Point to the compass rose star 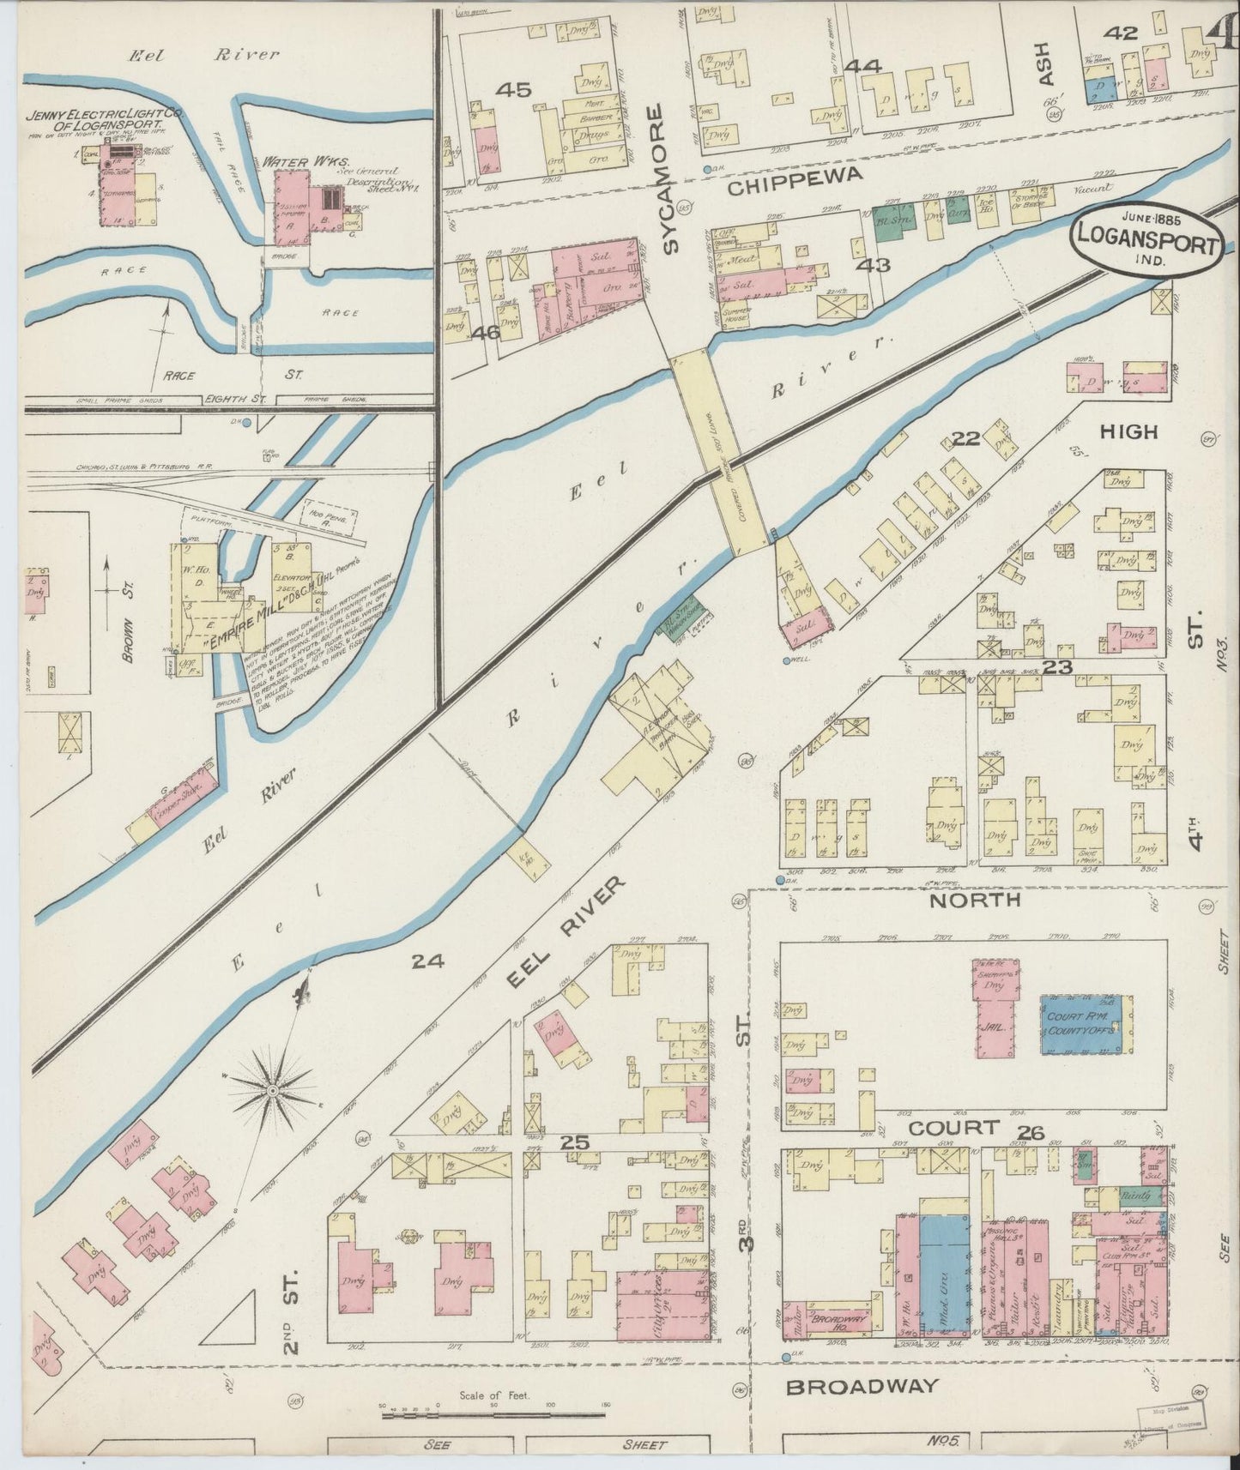[271, 1089]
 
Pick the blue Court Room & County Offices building [1080, 1024]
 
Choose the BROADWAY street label [862, 1387]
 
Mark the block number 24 [427, 961]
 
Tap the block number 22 [965, 439]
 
